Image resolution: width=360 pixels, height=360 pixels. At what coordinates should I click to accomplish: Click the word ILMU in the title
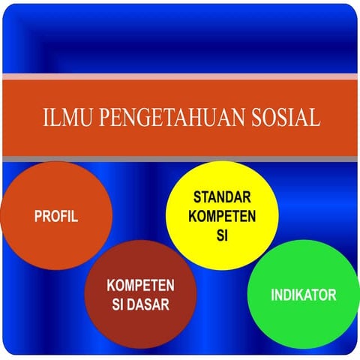62,118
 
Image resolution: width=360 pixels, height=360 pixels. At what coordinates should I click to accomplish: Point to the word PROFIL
55,217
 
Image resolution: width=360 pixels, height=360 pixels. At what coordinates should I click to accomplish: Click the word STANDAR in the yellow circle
222,199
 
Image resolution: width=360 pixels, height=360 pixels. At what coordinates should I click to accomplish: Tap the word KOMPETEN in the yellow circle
222,217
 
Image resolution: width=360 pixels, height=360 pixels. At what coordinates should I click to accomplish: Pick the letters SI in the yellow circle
222,234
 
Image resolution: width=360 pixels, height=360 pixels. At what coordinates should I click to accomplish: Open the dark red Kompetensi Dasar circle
140,297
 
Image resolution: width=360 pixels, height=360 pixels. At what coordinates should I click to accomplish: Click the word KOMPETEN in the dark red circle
141,286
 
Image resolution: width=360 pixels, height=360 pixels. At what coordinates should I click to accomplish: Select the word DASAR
152,304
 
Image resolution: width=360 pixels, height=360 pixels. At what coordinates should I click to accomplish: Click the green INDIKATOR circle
303,295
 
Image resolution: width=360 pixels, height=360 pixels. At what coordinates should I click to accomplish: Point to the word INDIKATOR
303,295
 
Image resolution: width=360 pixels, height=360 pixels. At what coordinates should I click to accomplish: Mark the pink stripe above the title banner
180,76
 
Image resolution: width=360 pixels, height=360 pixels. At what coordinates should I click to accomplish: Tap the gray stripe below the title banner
180,160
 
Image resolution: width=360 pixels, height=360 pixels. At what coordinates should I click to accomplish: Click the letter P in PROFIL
37,217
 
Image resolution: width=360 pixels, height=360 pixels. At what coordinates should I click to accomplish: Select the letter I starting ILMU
45,118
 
